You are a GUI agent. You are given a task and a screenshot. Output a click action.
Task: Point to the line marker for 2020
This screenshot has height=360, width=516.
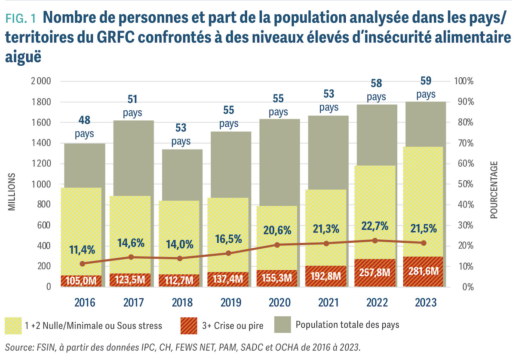[x=277, y=245]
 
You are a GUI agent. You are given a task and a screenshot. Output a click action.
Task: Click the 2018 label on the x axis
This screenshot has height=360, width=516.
[x=181, y=302]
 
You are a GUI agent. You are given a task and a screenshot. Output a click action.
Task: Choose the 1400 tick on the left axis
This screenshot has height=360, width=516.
[x=40, y=143]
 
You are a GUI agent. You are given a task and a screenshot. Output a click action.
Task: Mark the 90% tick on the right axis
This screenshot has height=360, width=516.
[x=464, y=102]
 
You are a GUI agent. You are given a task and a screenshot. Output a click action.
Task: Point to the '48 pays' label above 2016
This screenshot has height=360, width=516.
[x=84, y=127]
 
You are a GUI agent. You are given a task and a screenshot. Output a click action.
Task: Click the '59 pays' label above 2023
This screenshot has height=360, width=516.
[x=426, y=88]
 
